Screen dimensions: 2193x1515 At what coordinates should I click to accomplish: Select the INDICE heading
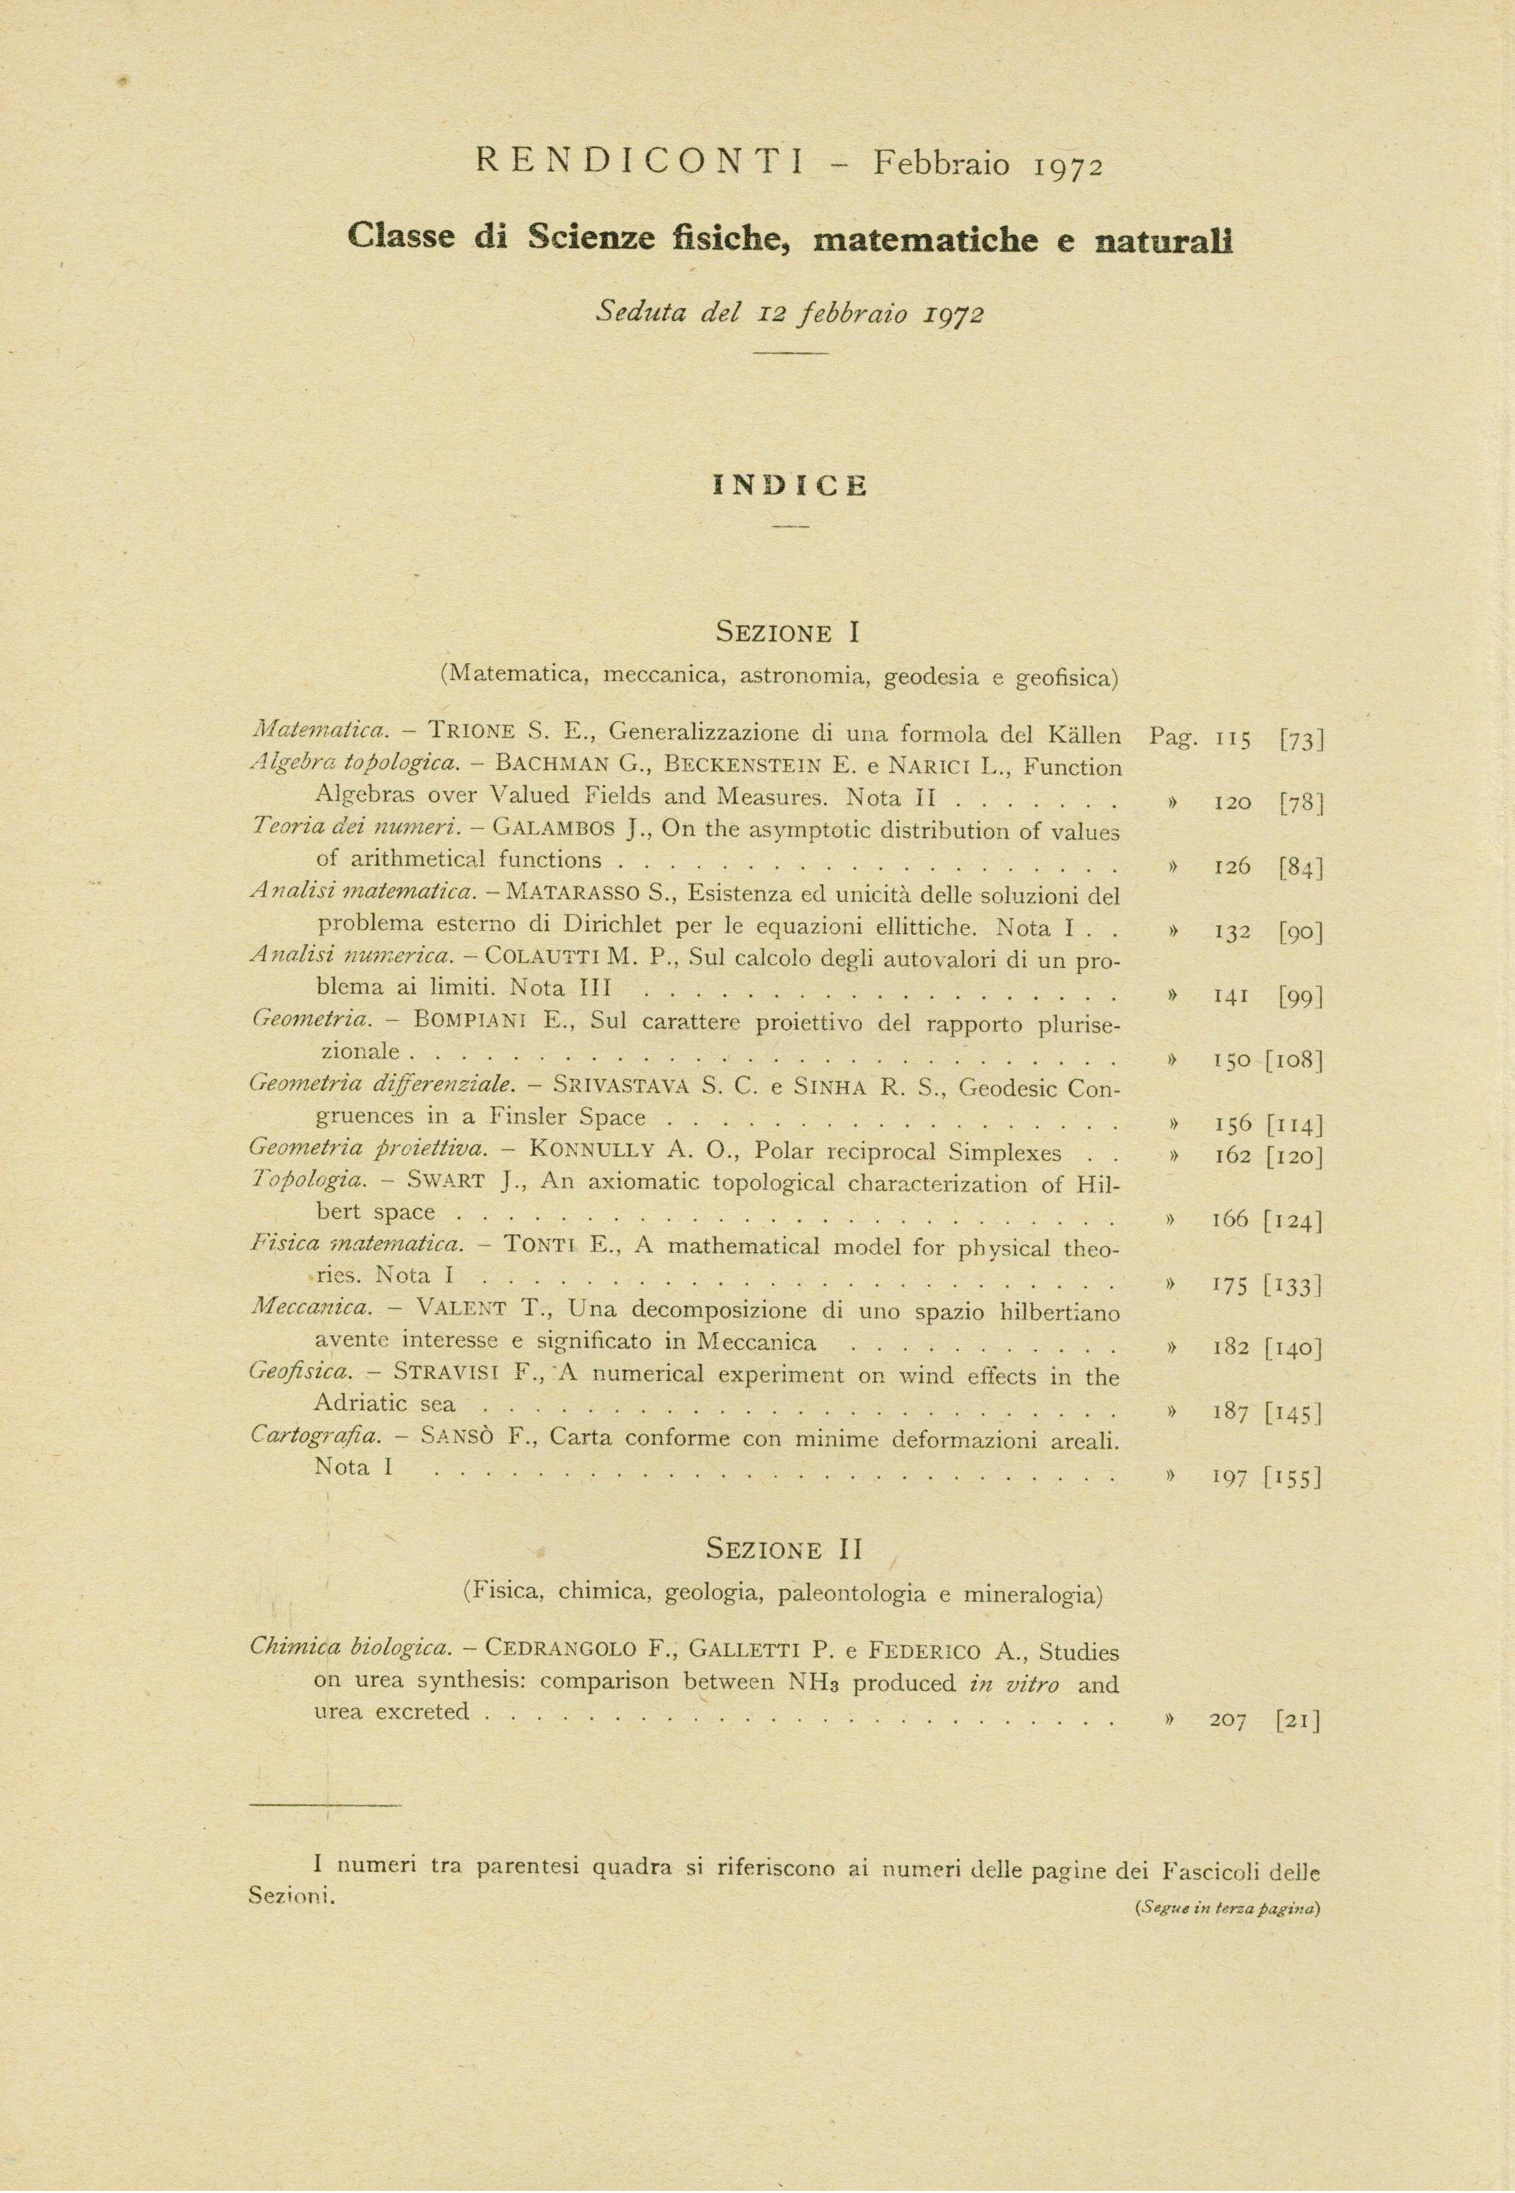pyautogui.click(x=790, y=486)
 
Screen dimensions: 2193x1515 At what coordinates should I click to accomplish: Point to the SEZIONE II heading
pyautogui.click(x=785, y=1549)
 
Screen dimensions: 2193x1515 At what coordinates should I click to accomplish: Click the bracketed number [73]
pyautogui.click(x=1301, y=738)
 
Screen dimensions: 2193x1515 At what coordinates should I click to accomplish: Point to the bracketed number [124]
pyautogui.click(x=1293, y=1220)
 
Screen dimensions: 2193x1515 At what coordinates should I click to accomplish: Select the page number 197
pyautogui.click(x=1230, y=1478)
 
